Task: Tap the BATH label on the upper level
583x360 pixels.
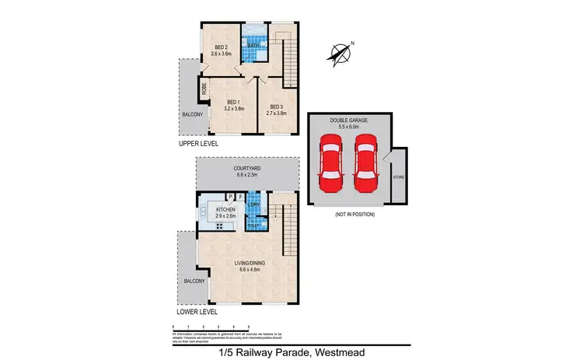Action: tap(253, 46)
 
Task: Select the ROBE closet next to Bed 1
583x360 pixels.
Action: tap(204, 89)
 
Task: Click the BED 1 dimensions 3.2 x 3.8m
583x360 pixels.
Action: tap(234, 109)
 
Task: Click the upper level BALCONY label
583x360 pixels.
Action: tap(192, 115)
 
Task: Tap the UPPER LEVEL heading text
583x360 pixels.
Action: tap(197, 144)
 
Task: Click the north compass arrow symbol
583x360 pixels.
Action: tap(340, 53)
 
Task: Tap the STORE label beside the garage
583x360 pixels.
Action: tap(398, 177)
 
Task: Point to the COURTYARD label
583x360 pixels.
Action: tap(246, 167)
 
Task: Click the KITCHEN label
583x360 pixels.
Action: tap(225, 209)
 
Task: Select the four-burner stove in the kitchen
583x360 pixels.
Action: tap(220, 226)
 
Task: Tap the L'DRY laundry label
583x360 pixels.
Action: tap(253, 204)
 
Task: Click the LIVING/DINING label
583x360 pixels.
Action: tap(250, 263)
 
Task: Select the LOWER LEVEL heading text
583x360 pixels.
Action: tap(198, 312)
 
